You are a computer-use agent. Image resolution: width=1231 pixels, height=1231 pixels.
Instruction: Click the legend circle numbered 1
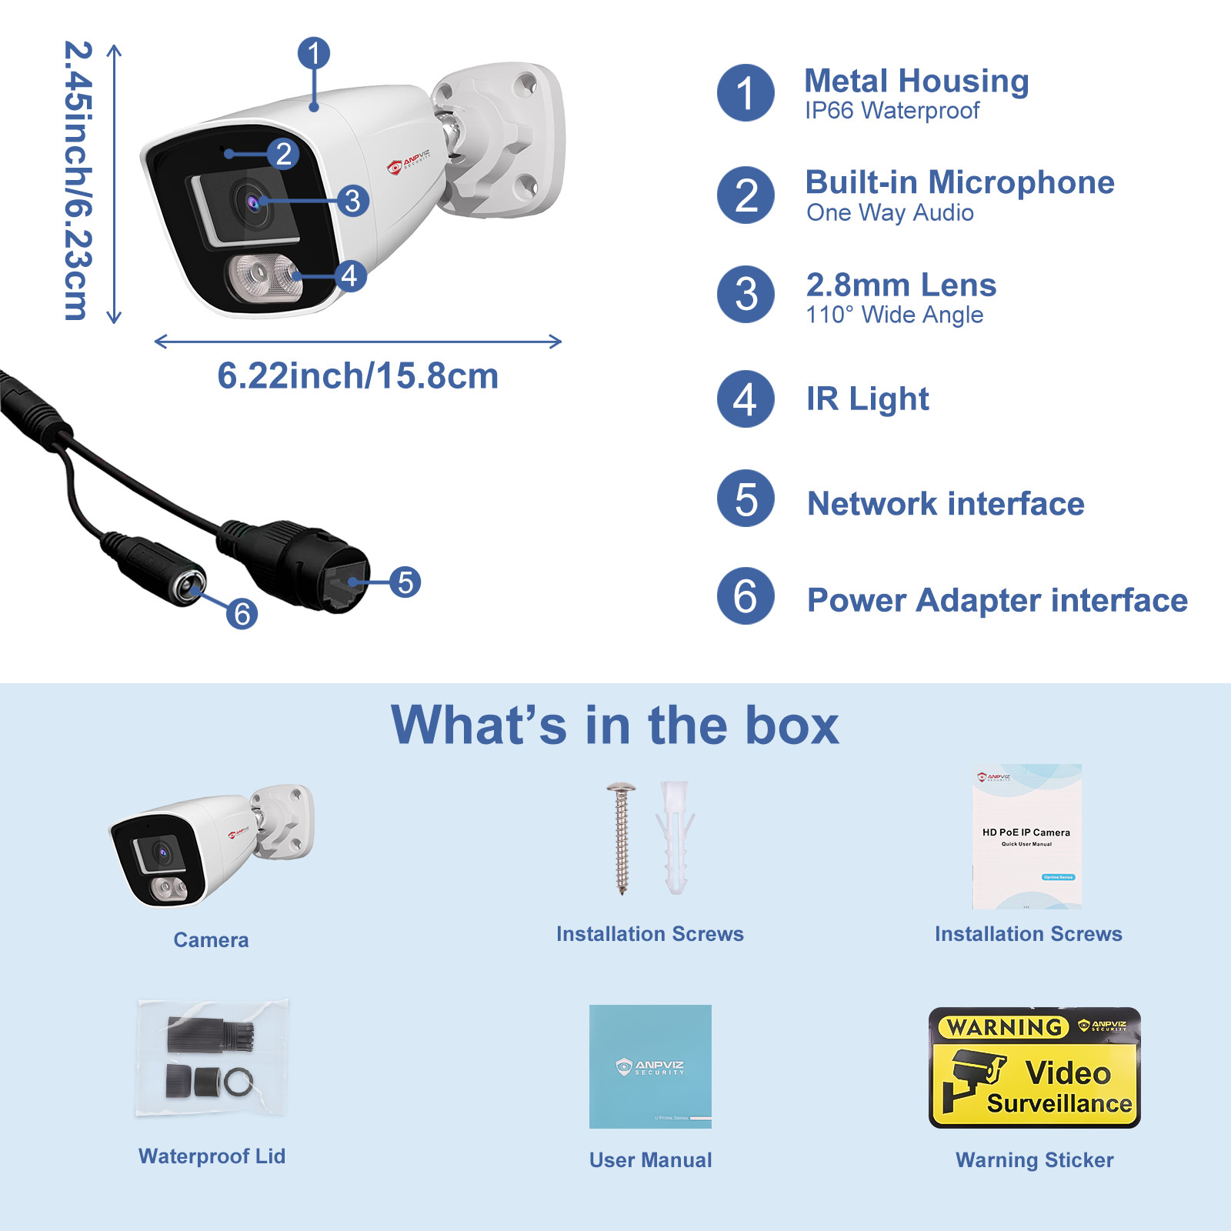745,93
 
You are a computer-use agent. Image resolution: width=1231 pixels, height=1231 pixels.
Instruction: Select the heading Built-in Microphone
959,182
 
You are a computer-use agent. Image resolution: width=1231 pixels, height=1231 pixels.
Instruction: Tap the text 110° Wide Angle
894,315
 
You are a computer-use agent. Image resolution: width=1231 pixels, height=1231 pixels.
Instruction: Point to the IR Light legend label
867,399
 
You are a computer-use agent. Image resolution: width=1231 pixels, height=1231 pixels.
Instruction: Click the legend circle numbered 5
745,499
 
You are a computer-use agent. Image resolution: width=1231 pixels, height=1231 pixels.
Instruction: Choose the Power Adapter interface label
997,600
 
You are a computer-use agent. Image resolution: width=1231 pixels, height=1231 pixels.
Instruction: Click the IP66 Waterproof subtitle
892,111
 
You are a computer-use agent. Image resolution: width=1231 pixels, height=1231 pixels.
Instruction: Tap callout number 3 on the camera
352,201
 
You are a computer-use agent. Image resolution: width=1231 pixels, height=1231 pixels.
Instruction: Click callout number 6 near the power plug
242,613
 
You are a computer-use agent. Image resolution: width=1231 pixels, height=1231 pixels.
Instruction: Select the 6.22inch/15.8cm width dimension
358,375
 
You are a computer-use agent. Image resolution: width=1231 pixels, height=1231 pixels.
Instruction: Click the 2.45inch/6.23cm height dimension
78,181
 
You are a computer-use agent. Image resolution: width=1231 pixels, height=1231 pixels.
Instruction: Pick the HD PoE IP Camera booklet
1026,836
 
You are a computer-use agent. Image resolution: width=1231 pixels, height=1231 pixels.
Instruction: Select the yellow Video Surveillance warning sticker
1034,1068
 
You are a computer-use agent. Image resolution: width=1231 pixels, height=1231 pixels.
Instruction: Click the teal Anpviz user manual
650,1066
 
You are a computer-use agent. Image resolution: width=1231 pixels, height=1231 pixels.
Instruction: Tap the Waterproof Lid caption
212,1156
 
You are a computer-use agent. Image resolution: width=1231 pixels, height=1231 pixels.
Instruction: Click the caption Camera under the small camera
211,939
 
